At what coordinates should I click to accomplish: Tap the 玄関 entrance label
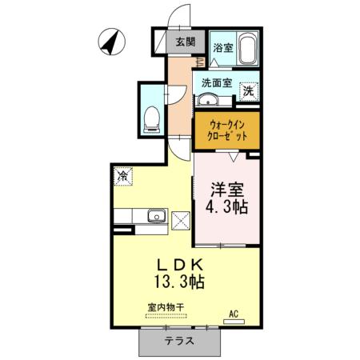coord(186,42)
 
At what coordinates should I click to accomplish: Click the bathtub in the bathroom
coord(246,49)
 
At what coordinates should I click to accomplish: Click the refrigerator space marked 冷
coord(123,175)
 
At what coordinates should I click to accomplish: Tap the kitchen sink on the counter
coord(156,215)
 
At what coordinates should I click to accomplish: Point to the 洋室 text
coord(226,190)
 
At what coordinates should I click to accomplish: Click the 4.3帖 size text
coord(226,207)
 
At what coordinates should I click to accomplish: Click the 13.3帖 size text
coord(181,282)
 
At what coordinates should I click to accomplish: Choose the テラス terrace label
coord(180,341)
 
